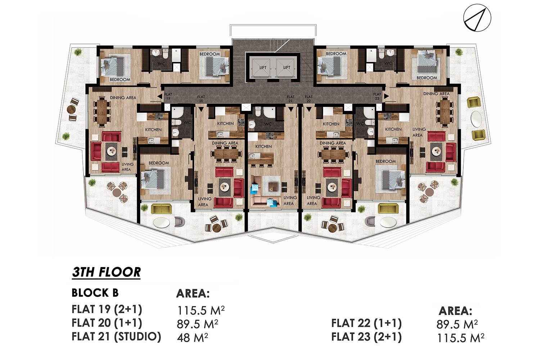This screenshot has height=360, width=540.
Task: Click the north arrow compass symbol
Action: tap(477, 18)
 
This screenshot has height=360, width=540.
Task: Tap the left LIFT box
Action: tap(262, 68)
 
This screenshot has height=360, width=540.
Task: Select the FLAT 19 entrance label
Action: tap(168, 96)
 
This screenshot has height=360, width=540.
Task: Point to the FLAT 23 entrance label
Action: tap(377, 96)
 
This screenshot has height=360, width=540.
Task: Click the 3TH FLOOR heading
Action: tap(106, 273)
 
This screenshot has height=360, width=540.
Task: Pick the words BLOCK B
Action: tap(95, 293)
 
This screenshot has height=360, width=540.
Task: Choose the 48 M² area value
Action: tap(192, 337)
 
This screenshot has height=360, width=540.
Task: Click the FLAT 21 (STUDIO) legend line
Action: tap(116, 337)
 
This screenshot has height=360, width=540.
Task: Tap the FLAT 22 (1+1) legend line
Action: tap(366, 323)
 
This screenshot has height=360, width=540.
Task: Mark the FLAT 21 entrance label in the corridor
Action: tap(291, 99)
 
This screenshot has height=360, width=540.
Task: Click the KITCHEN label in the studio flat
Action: tap(264, 147)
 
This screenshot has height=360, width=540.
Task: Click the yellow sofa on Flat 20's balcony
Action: tap(161, 208)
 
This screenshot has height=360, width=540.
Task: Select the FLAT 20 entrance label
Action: tap(201, 99)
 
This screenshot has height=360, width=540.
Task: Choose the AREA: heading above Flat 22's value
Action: tap(455, 311)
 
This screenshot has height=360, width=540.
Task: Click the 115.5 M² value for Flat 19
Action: tap(201, 311)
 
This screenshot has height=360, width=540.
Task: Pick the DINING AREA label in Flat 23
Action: tap(436, 94)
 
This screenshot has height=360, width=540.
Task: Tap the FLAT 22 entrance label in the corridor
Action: tap(309, 99)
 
